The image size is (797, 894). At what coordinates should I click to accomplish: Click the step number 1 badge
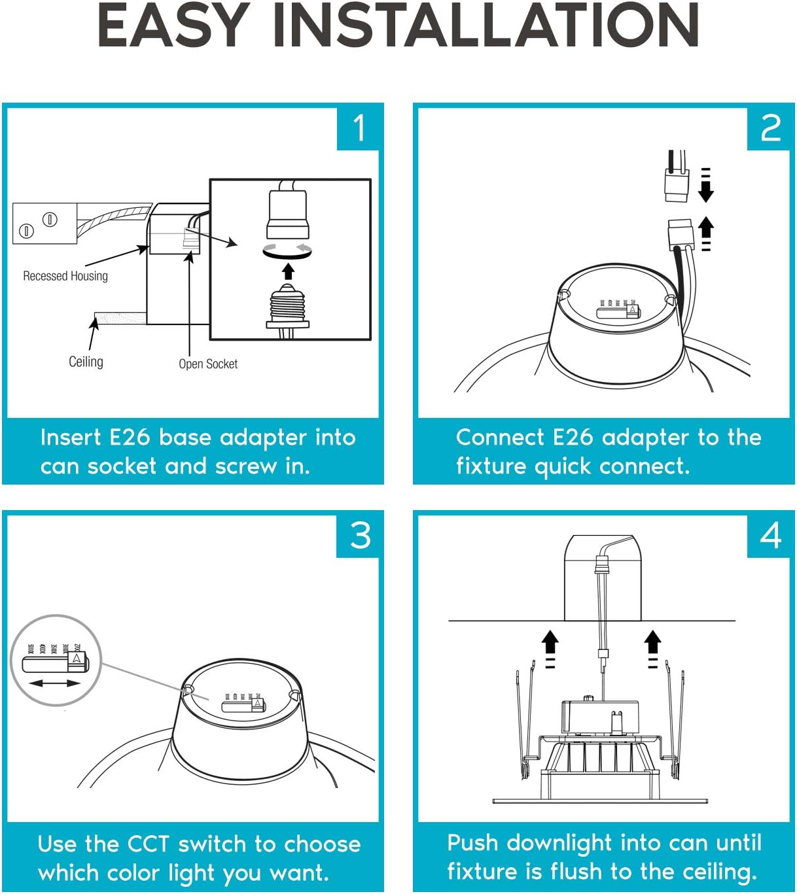pyautogui.click(x=359, y=128)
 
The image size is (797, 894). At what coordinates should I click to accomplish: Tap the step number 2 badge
pyautogui.click(x=770, y=128)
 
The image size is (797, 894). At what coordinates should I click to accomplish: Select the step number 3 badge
pyautogui.click(x=359, y=535)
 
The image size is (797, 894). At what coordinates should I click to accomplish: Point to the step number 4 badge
pyautogui.click(x=770, y=535)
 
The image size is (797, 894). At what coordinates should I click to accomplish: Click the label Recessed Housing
pyautogui.click(x=65, y=276)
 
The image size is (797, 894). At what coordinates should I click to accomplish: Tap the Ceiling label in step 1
pyautogui.click(x=86, y=362)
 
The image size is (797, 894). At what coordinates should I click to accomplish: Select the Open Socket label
pyautogui.click(x=208, y=364)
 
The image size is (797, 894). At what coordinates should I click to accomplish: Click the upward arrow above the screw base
pyautogui.click(x=288, y=270)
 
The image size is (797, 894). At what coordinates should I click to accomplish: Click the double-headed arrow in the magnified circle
pyautogui.click(x=55, y=683)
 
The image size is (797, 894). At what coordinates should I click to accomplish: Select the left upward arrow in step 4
pyautogui.click(x=550, y=642)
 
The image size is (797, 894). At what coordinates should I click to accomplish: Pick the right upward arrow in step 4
pyautogui.click(x=652, y=642)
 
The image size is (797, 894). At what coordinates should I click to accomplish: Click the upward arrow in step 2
pyautogui.click(x=705, y=229)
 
